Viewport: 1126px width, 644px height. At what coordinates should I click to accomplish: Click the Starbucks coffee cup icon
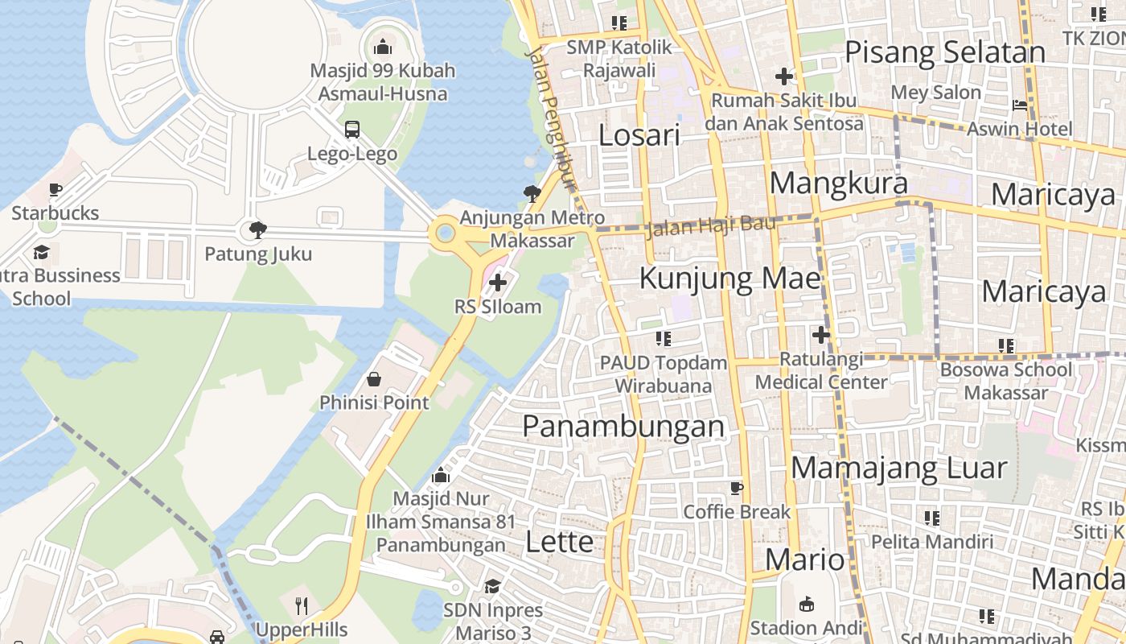click(x=55, y=190)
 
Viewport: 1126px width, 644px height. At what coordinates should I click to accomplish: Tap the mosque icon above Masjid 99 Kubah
click(x=383, y=47)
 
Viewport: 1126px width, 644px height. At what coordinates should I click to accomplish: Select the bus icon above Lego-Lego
click(x=351, y=129)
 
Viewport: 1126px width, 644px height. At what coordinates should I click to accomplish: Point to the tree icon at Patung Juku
click(x=257, y=230)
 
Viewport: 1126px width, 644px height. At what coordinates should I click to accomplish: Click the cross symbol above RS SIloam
click(x=498, y=283)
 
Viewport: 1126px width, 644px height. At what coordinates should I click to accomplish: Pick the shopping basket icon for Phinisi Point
click(x=374, y=378)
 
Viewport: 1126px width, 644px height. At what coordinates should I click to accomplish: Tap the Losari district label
click(x=639, y=134)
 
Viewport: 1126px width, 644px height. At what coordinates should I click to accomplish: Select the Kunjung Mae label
click(x=729, y=279)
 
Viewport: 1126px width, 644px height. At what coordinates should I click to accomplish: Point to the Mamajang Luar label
click(x=898, y=468)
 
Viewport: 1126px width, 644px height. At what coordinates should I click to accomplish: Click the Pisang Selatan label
click(x=944, y=52)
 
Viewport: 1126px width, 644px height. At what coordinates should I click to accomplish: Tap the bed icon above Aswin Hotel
click(x=1019, y=105)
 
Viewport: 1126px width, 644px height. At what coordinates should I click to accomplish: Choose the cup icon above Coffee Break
click(x=736, y=488)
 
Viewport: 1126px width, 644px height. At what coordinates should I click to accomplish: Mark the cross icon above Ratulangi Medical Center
click(x=820, y=334)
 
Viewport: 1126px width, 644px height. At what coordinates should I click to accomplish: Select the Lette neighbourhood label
click(x=559, y=542)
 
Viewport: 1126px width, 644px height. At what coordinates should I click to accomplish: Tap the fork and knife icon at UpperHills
click(x=302, y=605)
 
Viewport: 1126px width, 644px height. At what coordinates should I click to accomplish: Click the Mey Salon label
click(x=935, y=93)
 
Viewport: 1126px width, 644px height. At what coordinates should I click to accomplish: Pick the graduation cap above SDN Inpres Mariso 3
click(x=492, y=585)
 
